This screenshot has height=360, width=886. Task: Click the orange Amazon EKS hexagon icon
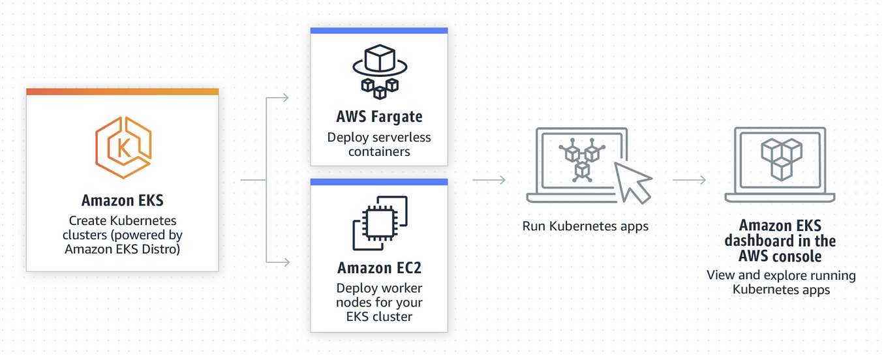click(x=123, y=149)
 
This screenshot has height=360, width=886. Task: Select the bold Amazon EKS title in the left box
click(x=122, y=200)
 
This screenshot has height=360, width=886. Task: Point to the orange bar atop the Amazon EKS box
click(x=122, y=92)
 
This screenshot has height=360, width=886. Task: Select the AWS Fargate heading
click(x=379, y=117)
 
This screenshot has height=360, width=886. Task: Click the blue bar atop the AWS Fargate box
click(x=379, y=30)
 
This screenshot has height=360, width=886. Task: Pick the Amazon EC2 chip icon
click(x=379, y=222)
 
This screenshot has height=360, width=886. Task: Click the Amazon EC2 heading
click(x=379, y=267)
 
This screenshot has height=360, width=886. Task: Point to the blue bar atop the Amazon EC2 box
click(x=379, y=181)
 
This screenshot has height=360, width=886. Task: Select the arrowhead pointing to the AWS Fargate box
click(x=285, y=98)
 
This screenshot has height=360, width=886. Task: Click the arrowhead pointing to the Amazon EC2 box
click(x=285, y=262)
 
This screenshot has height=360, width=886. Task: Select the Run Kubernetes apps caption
click(x=585, y=226)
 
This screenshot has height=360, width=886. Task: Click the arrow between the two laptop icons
click(x=690, y=180)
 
